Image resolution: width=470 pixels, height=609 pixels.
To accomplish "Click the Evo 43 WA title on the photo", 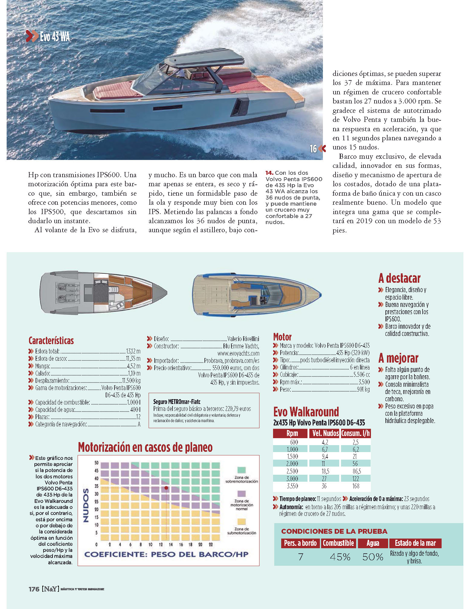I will [55, 37].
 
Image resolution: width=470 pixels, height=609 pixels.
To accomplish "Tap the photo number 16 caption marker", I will [313, 149].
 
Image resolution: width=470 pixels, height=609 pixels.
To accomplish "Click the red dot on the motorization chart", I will [166, 488].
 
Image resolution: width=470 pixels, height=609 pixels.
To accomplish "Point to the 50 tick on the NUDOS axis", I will [96, 463].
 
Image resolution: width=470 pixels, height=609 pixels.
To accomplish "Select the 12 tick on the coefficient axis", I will [161, 544].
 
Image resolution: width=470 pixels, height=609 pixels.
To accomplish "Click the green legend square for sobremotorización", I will [241, 470].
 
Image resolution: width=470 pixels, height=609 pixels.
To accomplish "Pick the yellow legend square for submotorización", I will [241, 521].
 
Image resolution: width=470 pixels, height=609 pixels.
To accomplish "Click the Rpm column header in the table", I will [292, 433].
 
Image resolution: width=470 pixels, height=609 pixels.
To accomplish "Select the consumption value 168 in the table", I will [356, 486].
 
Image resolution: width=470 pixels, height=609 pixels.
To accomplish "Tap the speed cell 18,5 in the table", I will [325, 471].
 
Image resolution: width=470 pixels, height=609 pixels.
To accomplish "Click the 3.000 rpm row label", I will [292, 479].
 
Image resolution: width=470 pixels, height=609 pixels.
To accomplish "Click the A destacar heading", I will [399, 278].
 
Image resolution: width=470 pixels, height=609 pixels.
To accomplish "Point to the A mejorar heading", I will [398, 358].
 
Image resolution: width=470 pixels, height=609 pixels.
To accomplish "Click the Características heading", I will [51, 341].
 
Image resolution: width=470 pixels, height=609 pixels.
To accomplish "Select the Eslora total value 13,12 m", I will [133, 351].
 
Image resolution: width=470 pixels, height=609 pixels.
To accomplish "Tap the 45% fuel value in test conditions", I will [340, 557].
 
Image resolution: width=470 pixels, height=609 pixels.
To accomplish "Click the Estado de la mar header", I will [415, 543].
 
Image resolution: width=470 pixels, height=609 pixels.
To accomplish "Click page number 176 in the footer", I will [34, 589].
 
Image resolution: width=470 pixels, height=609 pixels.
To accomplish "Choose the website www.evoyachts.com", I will [238, 353].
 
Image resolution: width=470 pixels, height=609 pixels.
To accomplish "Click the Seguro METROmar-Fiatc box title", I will [177, 402].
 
